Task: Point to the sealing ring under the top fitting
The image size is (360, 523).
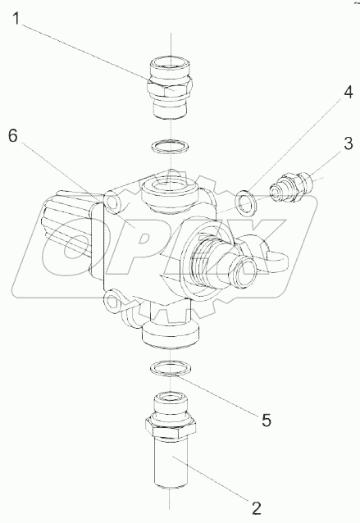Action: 171,148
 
